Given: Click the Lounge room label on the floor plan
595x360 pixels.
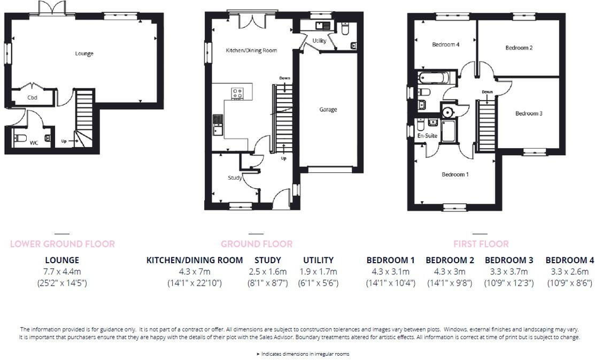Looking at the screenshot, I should [84, 53].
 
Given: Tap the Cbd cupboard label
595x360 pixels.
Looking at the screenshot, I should [32, 98].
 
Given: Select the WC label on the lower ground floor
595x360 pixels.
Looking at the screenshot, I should [34, 143].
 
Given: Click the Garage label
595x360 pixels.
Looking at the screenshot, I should [328, 110].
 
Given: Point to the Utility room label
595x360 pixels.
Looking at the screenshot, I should [319, 41].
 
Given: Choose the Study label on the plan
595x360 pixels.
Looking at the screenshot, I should [235, 178].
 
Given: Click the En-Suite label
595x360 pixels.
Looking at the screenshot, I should [427, 136].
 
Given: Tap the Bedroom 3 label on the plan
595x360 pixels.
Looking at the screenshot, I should [529, 113].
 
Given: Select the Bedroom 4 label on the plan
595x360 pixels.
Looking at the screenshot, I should [445, 45].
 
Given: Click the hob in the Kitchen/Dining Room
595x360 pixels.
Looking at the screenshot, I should [237, 94].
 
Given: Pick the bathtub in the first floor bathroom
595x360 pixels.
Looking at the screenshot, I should [435, 79].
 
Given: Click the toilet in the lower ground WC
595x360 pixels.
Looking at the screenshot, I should [21, 139].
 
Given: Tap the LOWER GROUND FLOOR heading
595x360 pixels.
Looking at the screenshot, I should [63, 244].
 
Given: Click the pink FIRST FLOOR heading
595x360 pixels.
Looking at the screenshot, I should [481, 244].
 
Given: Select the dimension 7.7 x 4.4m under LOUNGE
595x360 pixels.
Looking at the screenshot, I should [62, 272].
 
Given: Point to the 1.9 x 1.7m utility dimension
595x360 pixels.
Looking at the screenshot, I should [318, 272].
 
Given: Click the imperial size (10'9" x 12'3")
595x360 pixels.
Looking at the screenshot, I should [509, 283].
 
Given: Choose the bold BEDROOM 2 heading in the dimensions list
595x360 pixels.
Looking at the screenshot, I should [450, 261].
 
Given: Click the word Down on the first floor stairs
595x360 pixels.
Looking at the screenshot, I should [487, 92].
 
